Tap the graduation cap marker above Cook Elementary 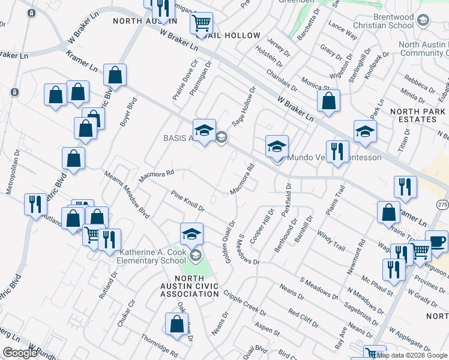(191, 234)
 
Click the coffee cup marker (436, 241)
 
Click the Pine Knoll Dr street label (188, 202)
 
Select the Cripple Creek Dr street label (245, 303)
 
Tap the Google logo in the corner (20, 353)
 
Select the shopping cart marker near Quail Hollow (202, 23)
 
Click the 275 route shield (442, 205)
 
